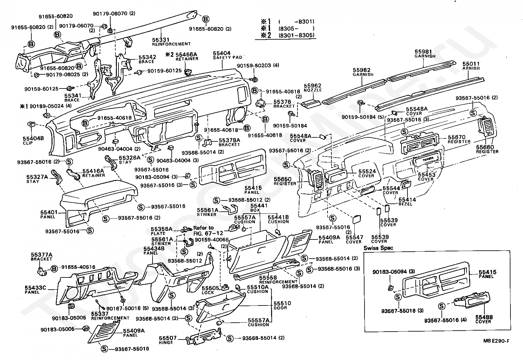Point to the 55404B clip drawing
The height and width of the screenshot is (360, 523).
pos(31,125)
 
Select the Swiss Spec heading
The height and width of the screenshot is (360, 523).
pos(378,248)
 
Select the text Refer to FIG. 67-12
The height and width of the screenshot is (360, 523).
pos(204,230)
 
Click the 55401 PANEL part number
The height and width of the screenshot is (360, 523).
pos(49,212)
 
